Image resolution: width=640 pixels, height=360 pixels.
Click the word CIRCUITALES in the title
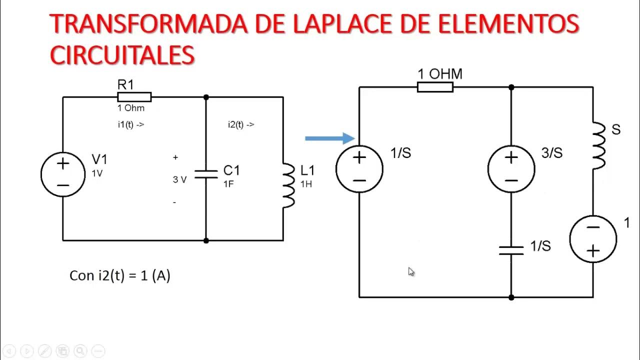pos(122,54)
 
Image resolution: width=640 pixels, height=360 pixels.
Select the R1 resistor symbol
pos(134,97)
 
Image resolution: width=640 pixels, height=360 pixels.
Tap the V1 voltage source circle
pos(63,174)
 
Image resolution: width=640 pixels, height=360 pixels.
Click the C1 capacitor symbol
pos(206,174)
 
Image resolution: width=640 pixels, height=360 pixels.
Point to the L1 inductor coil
pos(288,185)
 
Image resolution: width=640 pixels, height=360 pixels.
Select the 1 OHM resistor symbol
pos(435,87)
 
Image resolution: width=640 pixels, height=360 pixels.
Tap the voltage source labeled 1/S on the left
pos(359,169)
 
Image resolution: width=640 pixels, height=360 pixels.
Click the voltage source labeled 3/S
pos(511,169)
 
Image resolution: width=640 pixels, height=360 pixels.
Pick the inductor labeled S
pos(598,145)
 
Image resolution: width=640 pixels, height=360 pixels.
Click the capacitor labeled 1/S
pos(511,250)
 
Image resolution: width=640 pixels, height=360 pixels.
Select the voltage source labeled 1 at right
pos(593,239)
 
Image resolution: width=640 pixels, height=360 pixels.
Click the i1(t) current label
pos(130,124)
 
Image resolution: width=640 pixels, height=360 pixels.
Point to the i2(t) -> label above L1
pos(240,124)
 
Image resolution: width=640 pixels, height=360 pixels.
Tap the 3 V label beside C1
pos(179,179)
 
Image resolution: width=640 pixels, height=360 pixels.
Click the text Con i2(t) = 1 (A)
pos(120,275)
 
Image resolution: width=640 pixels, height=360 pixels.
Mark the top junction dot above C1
pos(206,97)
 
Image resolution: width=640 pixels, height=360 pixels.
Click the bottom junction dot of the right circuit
pos(511,297)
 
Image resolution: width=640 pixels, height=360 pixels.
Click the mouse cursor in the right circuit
pos(411,271)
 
